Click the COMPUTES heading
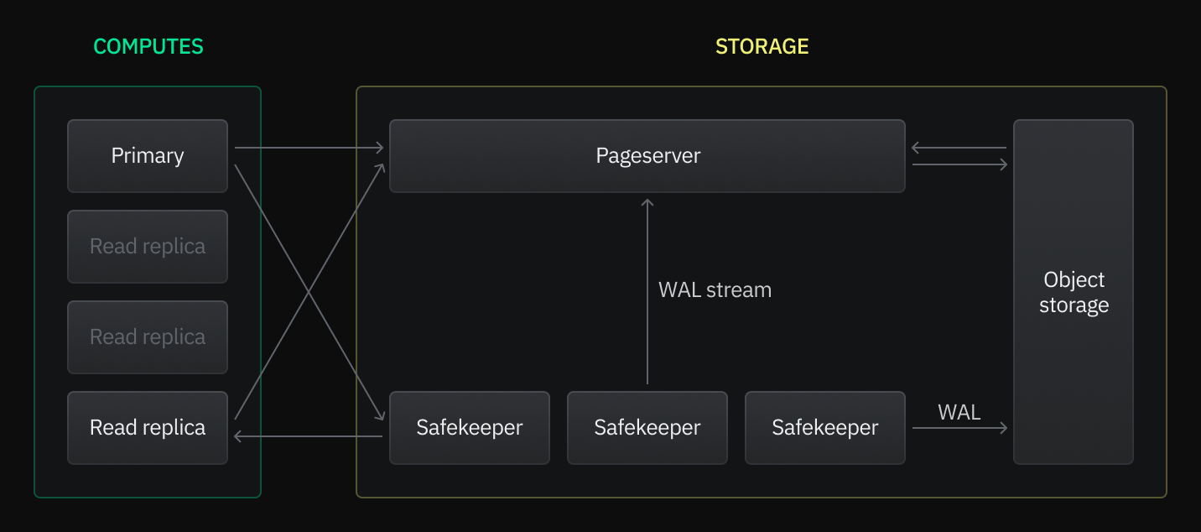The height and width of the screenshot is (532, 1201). coord(148,46)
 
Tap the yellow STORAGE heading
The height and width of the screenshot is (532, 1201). coord(762,46)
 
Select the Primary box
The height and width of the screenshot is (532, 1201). coord(148,156)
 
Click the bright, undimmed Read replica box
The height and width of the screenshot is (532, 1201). coord(148,428)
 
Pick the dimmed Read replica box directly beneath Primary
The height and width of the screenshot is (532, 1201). coord(148,247)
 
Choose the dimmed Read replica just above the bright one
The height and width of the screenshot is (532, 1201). coord(148,337)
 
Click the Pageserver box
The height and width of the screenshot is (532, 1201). coord(647,156)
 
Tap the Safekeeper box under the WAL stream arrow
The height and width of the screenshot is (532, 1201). coord(647,428)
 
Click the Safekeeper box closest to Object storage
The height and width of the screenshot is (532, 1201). coord(825,428)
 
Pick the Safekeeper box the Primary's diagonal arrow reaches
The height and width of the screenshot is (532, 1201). coord(470,428)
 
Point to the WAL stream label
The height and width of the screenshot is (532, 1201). coord(715,290)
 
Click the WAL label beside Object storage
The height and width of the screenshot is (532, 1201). coord(959,412)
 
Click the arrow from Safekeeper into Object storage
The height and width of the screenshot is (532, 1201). coord(959,428)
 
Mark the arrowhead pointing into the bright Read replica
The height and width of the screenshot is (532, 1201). coord(239,436)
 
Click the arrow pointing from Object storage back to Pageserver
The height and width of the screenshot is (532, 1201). coord(959,148)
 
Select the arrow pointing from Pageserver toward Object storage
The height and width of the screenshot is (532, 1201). coord(959,164)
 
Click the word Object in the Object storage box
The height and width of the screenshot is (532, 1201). coord(1074,279)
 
